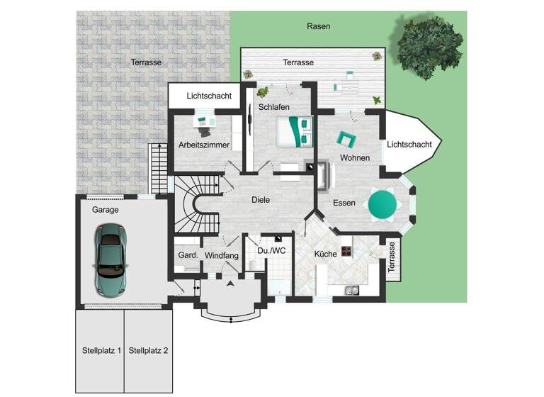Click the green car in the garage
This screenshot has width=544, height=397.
110,251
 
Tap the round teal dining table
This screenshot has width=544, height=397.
382,204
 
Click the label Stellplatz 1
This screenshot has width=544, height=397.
101,350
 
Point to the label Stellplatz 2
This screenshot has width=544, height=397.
149,350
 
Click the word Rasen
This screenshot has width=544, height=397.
318,26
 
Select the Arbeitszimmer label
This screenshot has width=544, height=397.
204,145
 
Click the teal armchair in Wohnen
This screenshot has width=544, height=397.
346,138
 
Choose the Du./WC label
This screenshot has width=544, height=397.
272,250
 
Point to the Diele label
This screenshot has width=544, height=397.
261,200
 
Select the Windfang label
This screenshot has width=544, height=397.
221,255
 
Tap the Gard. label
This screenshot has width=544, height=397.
187,255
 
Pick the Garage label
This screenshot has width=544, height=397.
105,210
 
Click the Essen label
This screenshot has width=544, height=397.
344,203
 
